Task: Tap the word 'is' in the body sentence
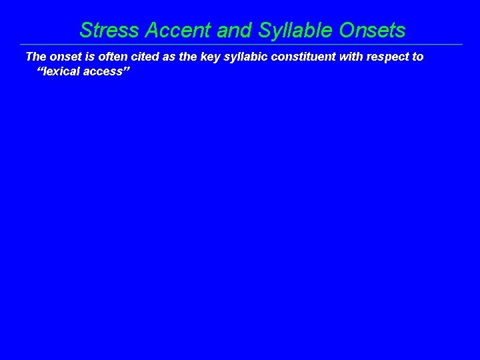90,57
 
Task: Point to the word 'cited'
144,57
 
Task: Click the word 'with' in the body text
350,57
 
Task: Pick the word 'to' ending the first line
417,57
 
